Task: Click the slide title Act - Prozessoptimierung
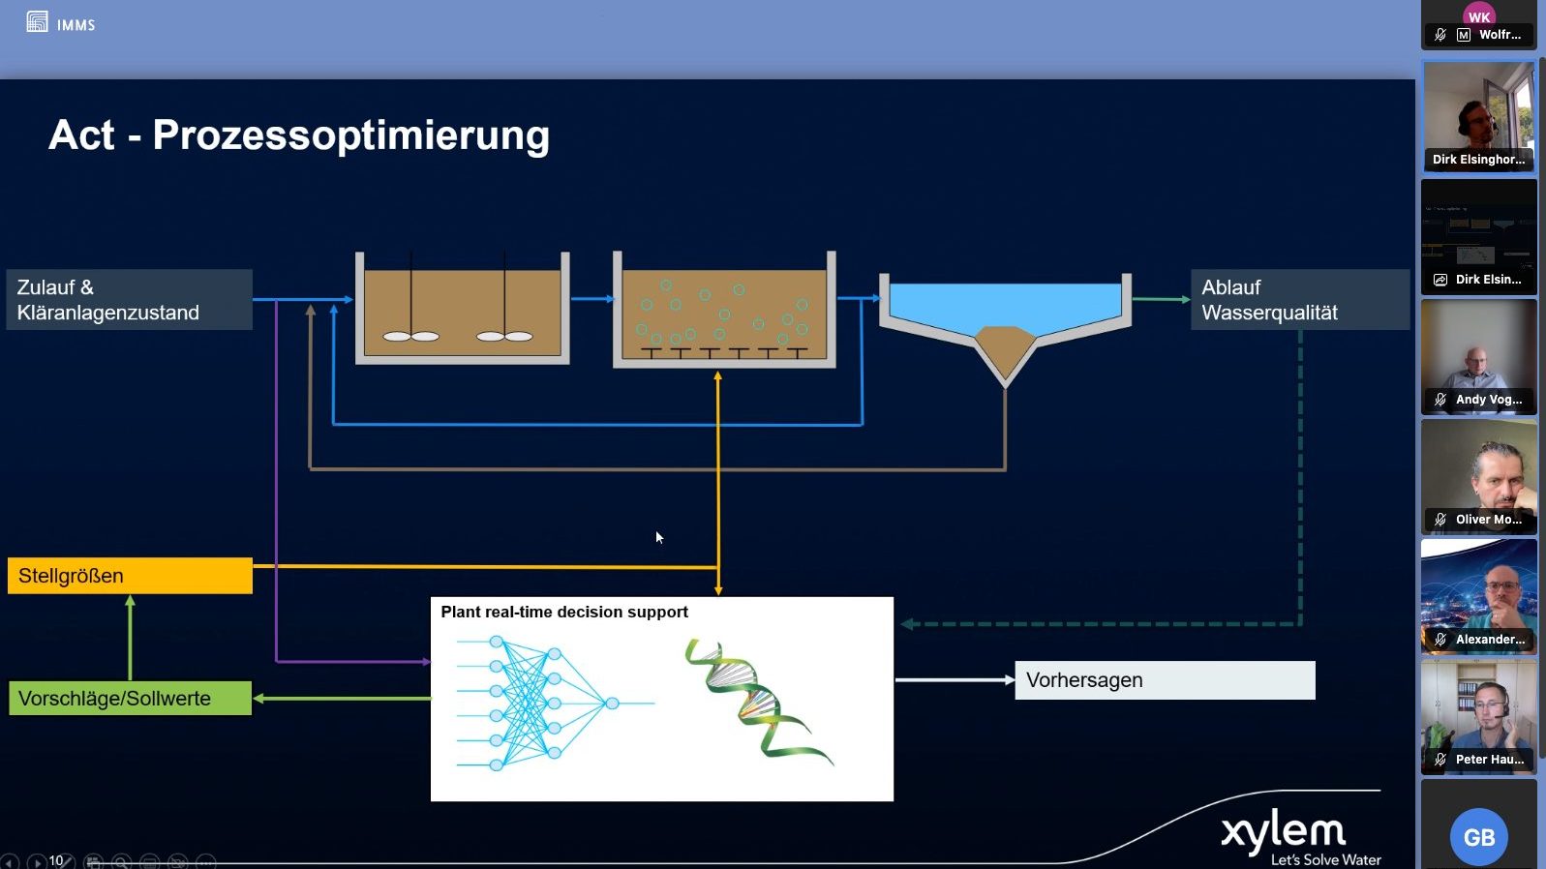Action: pos(299,135)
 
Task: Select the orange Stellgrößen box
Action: pos(130,576)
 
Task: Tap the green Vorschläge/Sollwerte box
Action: pos(130,698)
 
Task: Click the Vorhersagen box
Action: pos(1165,680)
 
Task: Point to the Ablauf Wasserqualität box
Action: pos(1299,300)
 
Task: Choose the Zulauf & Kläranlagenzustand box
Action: pos(129,300)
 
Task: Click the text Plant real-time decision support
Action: pos(564,612)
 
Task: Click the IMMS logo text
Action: pos(76,25)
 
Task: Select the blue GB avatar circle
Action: pos(1478,837)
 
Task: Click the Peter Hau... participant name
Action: pos(1489,760)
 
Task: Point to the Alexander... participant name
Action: pos(1490,640)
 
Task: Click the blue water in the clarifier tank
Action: pos(1005,302)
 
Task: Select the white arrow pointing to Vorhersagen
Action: pos(954,680)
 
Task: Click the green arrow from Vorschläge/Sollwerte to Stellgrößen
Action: pos(130,639)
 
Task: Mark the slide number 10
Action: pos(56,860)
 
